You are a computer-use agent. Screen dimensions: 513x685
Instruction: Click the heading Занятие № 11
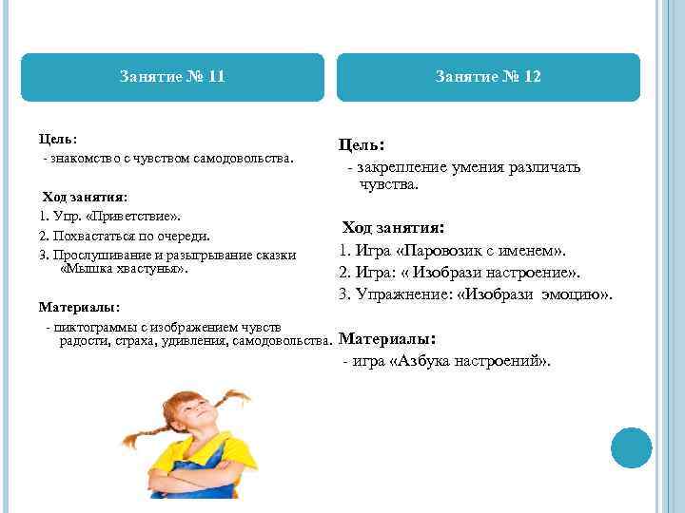(x=172, y=76)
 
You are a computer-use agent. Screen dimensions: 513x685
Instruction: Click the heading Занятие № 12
(x=488, y=76)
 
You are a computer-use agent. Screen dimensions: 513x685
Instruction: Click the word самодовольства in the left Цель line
(x=252, y=156)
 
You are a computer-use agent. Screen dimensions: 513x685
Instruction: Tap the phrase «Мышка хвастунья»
(x=125, y=269)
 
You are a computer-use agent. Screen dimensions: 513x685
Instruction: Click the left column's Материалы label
(x=79, y=308)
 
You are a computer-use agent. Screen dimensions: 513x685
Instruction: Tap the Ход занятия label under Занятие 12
(x=394, y=228)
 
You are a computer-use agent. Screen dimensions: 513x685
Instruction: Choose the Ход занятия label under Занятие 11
(x=84, y=198)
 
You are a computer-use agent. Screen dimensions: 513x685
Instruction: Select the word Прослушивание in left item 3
(x=97, y=256)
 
